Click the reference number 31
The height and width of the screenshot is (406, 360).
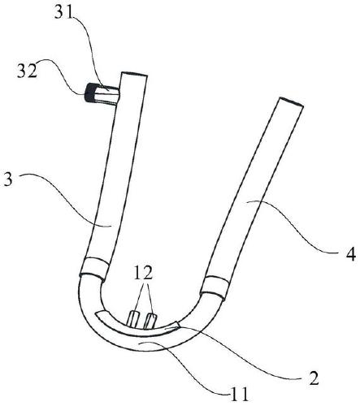coord(63,12)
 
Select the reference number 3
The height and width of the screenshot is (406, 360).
coord(8,179)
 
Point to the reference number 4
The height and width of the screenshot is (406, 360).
coord(350,255)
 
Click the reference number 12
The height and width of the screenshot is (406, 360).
coord(143,274)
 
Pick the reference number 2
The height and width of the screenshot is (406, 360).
coord(314,378)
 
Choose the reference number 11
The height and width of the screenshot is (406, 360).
coord(239,395)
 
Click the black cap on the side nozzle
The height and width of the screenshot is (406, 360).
coord(89,93)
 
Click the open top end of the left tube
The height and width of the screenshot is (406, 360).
coord(134,74)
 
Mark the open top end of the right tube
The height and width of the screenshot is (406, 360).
coord(292,101)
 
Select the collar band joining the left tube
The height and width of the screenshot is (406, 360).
coord(95,267)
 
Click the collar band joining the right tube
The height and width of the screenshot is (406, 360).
coord(215,287)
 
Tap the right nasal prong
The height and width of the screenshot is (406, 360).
coord(150,321)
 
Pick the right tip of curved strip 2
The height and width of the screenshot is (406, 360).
coord(177,324)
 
